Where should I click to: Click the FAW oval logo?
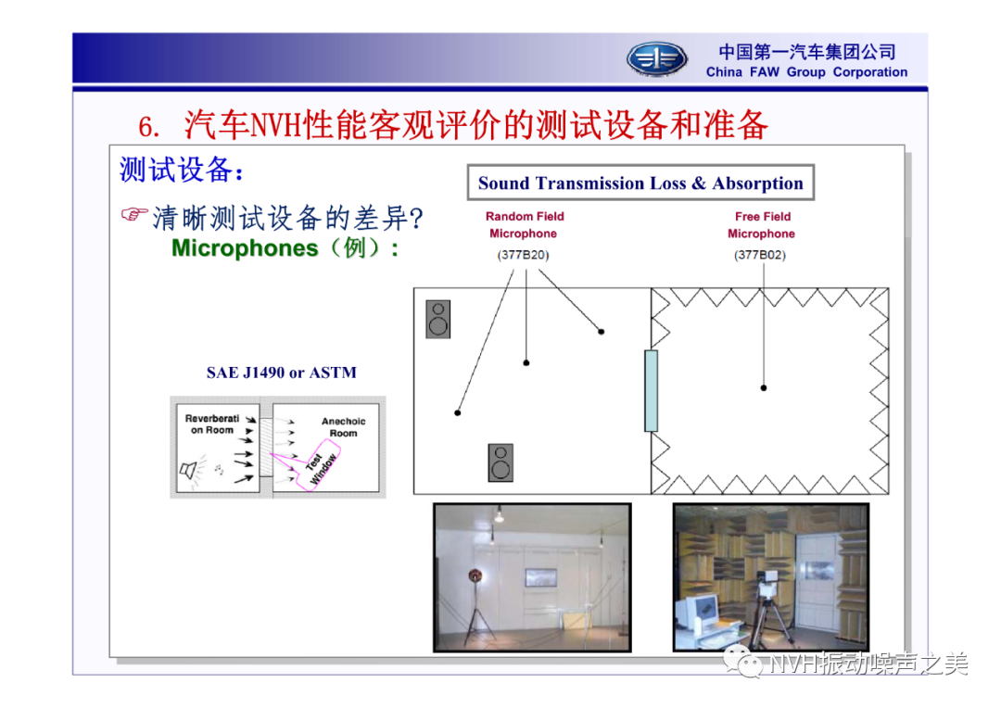[656, 59]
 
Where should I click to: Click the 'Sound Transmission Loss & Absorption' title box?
[640, 183]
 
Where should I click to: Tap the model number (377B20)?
[524, 255]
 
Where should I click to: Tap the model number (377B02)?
[760, 255]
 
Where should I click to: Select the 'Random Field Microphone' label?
[524, 224]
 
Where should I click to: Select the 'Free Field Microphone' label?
[762, 224]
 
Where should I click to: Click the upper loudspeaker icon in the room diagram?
[437, 319]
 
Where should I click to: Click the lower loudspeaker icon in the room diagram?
[500, 462]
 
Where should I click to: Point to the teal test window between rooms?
[652, 391]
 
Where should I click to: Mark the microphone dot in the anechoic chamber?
[764, 387]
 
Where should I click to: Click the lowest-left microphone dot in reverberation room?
[458, 413]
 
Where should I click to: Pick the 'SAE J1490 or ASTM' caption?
[282, 373]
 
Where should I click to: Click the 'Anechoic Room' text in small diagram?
[344, 427]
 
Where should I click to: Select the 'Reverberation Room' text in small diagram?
[212, 424]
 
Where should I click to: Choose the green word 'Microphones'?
[245, 247]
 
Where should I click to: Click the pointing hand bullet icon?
[134, 214]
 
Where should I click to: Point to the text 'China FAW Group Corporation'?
[806, 72]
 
